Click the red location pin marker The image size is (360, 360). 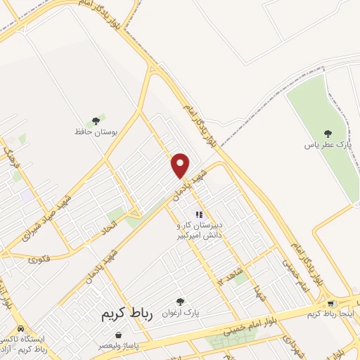[x=181, y=165]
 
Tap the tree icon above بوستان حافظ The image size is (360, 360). [x=96, y=120]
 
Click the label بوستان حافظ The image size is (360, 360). [x=96, y=131]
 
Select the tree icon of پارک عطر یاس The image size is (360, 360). [x=327, y=133]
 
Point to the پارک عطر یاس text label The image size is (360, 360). [x=327, y=144]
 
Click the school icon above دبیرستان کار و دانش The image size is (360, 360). [x=199, y=214]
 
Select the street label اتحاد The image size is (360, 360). [x=110, y=225]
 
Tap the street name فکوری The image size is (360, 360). [x=39, y=259]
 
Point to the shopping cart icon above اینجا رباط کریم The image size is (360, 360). [x=330, y=302]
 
